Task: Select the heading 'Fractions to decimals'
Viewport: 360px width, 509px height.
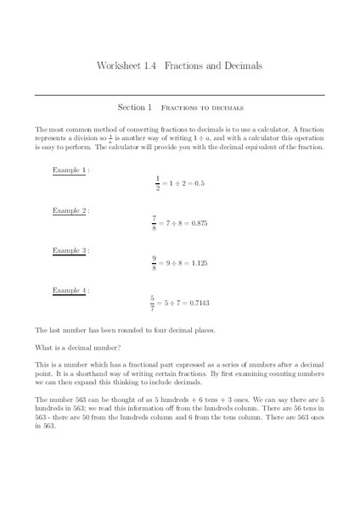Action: [203, 109]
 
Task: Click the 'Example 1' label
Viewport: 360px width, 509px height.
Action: [69, 170]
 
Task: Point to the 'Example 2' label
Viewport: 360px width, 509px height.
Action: [69, 210]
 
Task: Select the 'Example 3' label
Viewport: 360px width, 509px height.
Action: [69, 250]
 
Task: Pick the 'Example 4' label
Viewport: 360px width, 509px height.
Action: [69, 290]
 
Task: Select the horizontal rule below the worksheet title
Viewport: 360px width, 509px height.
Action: [180, 93]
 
